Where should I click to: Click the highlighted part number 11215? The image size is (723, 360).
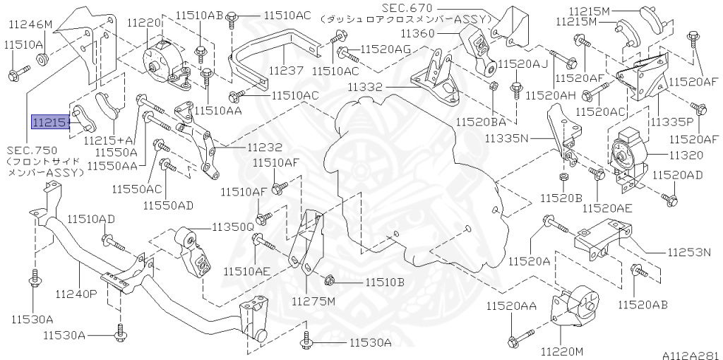pos(49,123)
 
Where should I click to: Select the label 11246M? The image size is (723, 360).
pos(30,25)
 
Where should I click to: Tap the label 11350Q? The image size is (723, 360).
pos(233,227)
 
